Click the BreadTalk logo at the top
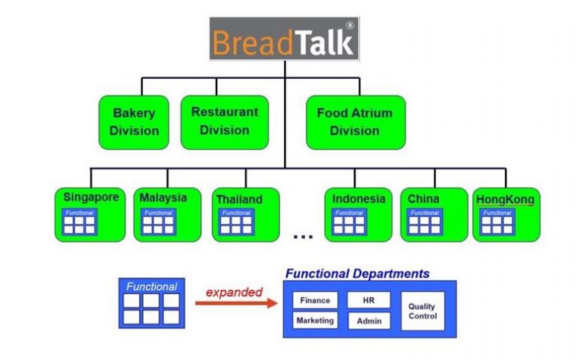pyautogui.click(x=285, y=38)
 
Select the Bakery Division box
pyautogui.click(x=134, y=122)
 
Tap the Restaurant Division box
pyautogui.click(x=224, y=121)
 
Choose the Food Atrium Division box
pyautogui.click(x=355, y=122)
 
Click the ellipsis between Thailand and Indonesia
pyautogui.click(x=303, y=236)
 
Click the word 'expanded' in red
pyautogui.click(x=234, y=292)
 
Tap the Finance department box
pyautogui.click(x=315, y=300)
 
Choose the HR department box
pyautogui.click(x=369, y=300)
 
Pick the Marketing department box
pyautogui.click(x=315, y=321)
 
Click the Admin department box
pyautogui.click(x=369, y=321)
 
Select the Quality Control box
pyautogui.click(x=422, y=311)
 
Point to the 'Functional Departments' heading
pyautogui.click(x=357, y=273)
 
